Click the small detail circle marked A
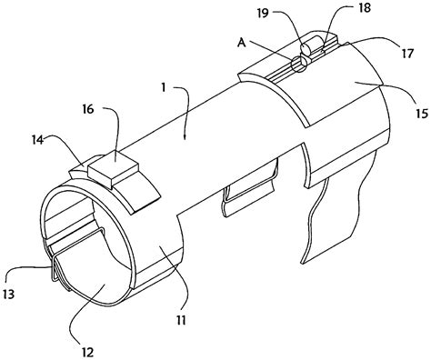298,61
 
